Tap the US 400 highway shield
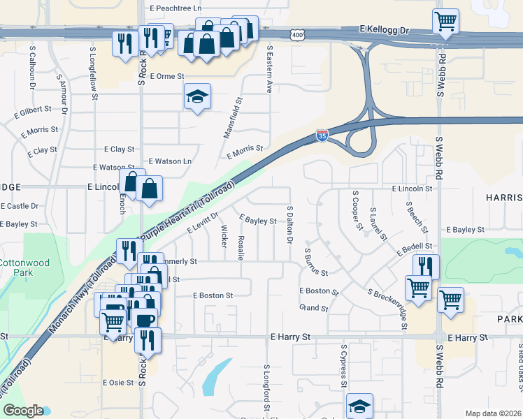[297, 34]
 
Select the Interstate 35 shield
[322, 134]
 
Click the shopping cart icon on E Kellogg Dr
[445, 21]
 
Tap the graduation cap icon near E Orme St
[198, 96]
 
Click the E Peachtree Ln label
[175, 8]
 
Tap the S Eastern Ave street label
[269, 70]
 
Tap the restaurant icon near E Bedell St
[426, 265]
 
